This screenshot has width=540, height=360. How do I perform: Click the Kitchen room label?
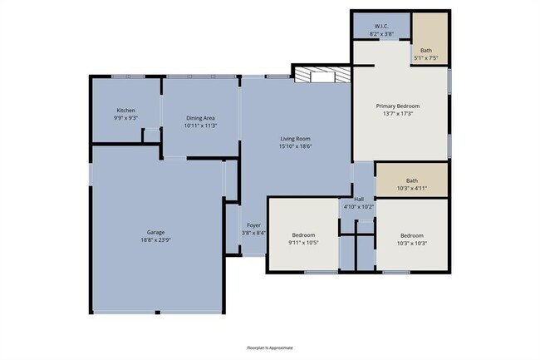[125, 111]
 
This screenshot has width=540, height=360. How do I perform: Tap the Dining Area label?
[201, 118]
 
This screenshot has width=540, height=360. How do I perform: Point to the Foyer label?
[253, 225]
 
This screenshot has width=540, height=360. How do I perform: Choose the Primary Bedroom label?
[398, 106]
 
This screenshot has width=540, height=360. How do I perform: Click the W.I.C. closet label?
[382, 26]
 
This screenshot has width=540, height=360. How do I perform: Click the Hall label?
[359, 200]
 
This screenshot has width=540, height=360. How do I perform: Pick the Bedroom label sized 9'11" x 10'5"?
[303, 234]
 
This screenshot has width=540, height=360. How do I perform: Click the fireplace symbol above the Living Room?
[322, 76]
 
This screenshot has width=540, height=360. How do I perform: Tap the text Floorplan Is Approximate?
[270, 348]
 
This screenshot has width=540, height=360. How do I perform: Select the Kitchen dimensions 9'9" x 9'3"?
[125, 118]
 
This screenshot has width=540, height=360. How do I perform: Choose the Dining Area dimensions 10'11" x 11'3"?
[201, 126]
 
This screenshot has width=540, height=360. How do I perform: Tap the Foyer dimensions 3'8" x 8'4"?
[253, 233]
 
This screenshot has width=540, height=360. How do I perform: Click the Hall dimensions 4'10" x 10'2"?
[359, 207]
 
